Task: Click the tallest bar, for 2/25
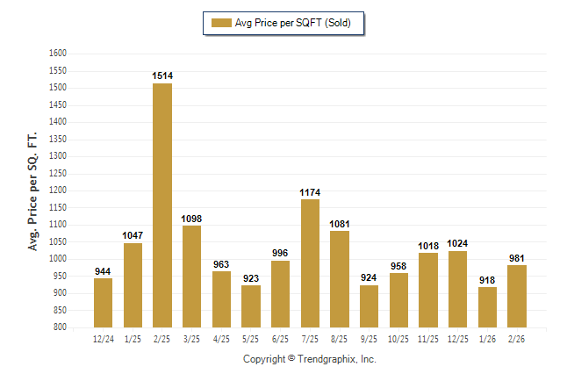point(162,205)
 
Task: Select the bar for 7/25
point(310,263)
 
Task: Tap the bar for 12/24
point(103,303)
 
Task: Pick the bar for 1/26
point(487,307)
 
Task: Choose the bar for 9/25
point(370,306)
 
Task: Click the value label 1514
point(162,76)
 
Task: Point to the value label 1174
point(310,192)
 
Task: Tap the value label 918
point(487,280)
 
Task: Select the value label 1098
point(192,219)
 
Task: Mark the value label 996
point(280,254)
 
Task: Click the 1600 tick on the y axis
point(58,54)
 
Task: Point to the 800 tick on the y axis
point(61,327)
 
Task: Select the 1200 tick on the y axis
point(58,190)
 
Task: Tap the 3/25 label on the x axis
point(192,337)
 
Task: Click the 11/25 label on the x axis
point(428,337)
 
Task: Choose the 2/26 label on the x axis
point(517,337)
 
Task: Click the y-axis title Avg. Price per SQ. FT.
point(34,190)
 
